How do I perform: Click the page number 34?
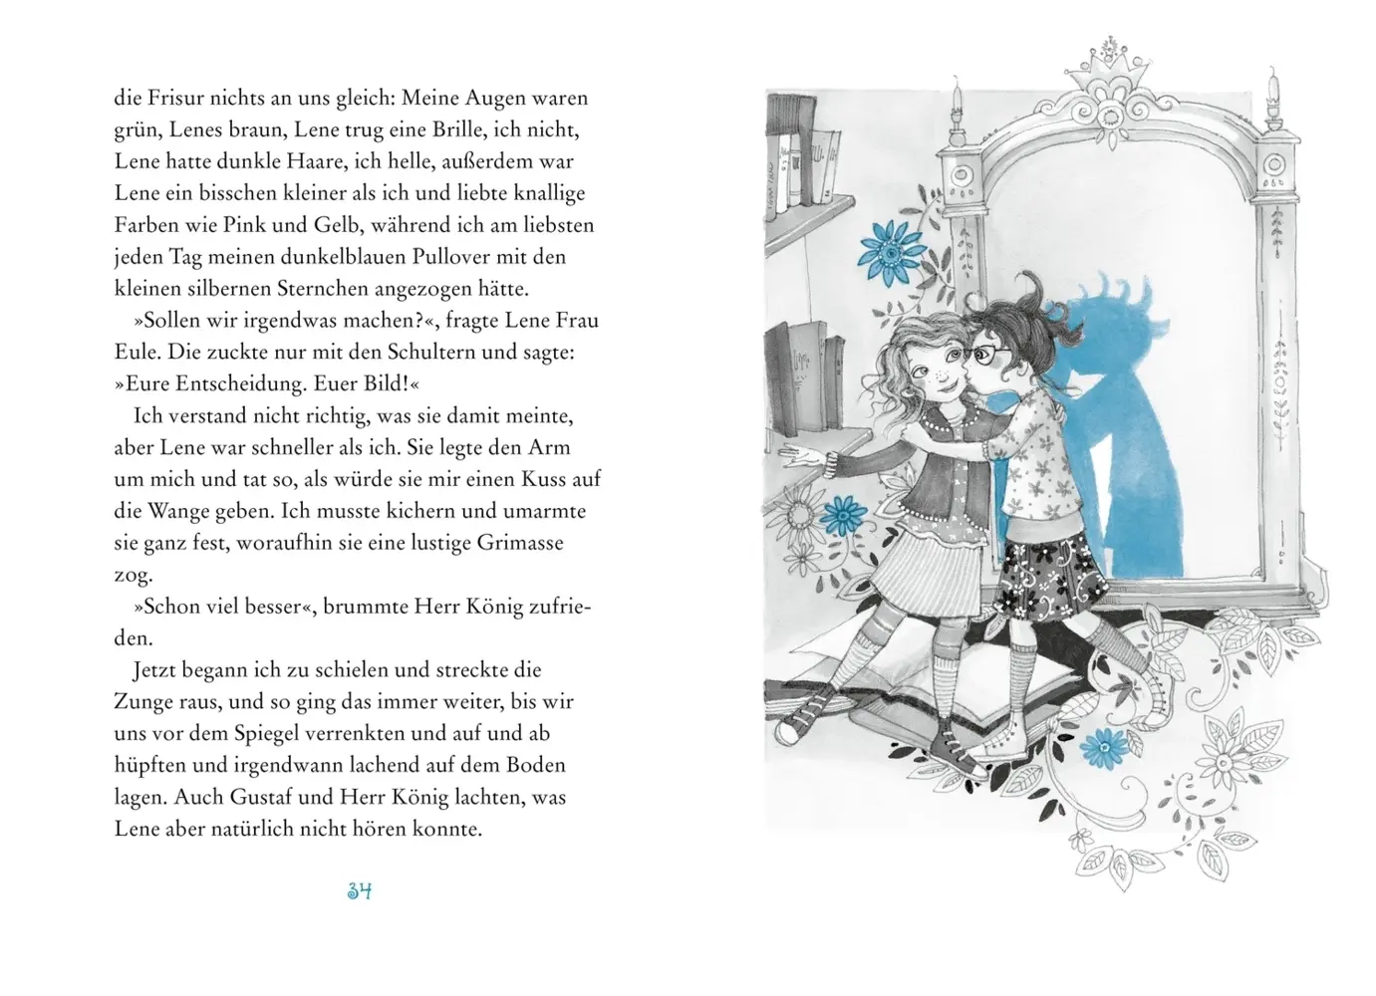[x=360, y=891]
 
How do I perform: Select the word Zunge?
[x=140, y=702]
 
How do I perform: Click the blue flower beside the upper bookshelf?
[x=892, y=252]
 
